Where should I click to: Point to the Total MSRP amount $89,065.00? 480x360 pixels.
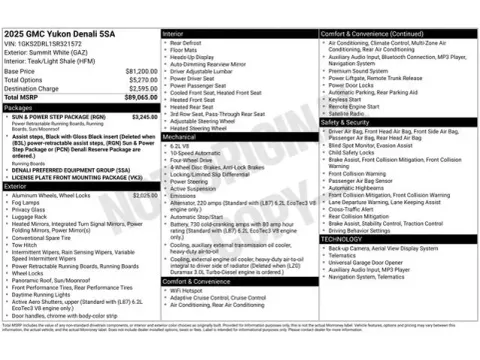click(137, 97)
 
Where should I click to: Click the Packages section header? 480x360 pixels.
click(19, 107)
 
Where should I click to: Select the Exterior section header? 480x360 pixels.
click(16, 186)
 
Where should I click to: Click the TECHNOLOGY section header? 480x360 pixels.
click(343, 239)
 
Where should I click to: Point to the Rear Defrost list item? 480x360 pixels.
click(186, 43)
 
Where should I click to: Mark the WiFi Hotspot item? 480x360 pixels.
click(189, 290)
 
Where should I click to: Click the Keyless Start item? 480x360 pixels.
click(345, 99)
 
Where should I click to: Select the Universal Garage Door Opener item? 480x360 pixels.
click(371, 262)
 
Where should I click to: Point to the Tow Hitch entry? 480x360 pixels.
click(26, 244)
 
